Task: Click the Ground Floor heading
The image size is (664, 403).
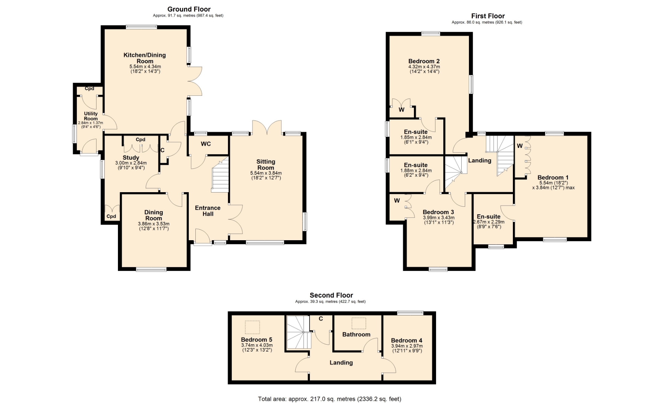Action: [189, 9]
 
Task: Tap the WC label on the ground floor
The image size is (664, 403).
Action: [206, 144]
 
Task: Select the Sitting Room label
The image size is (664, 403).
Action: [266, 165]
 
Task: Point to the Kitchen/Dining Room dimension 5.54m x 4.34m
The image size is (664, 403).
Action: [145, 66]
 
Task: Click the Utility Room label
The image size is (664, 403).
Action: [91, 116]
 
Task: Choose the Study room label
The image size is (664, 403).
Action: [131, 158]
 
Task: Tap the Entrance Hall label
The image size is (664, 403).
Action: [207, 211]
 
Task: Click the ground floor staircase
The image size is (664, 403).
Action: [220, 175]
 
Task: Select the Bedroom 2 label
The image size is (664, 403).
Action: [424, 61]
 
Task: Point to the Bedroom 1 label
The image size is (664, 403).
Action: [553, 177]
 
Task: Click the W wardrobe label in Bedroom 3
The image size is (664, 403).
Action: [397, 200]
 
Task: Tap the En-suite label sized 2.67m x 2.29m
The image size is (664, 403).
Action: [489, 217]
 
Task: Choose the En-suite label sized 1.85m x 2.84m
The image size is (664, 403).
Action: [416, 132]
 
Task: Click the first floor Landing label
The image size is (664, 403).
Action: [480, 160]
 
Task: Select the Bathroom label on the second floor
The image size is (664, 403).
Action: [356, 334]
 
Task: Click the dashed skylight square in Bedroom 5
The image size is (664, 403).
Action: [252, 327]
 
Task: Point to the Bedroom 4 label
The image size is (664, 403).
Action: [407, 340]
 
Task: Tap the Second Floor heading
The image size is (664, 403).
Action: [331, 295]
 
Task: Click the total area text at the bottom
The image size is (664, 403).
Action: [330, 399]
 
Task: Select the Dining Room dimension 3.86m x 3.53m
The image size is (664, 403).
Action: [154, 224]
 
